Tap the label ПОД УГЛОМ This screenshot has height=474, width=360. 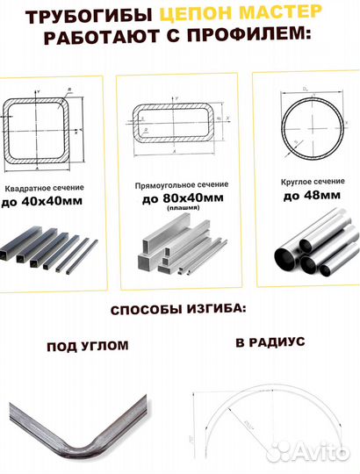click(87, 346)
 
